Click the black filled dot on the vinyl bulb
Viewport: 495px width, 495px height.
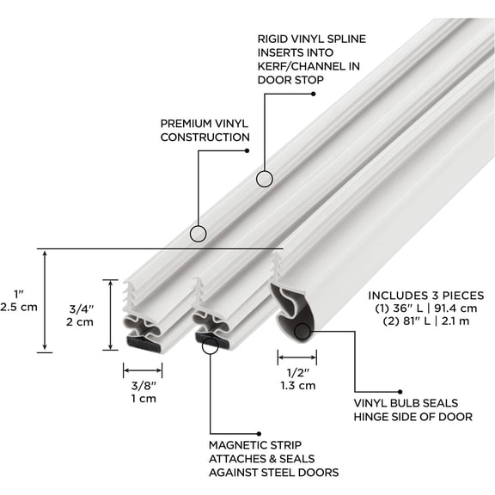pyautogui.click(x=302, y=330)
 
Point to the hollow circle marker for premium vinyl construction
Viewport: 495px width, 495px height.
pyautogui.click(x=198, y=233)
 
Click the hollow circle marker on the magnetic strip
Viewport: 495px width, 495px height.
pyautogui.click(x=209, y=345)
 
